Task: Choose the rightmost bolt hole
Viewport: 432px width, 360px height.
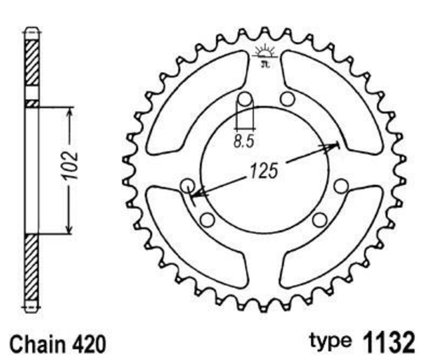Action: (x=341, y=186)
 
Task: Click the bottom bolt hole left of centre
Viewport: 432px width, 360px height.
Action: (x=207, y=219)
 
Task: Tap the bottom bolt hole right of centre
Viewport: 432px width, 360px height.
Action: (x=320, y=219)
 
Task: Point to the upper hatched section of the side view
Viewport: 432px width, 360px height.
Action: (x=32, y=62)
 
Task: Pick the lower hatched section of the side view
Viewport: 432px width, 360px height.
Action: (x=32, y=270)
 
